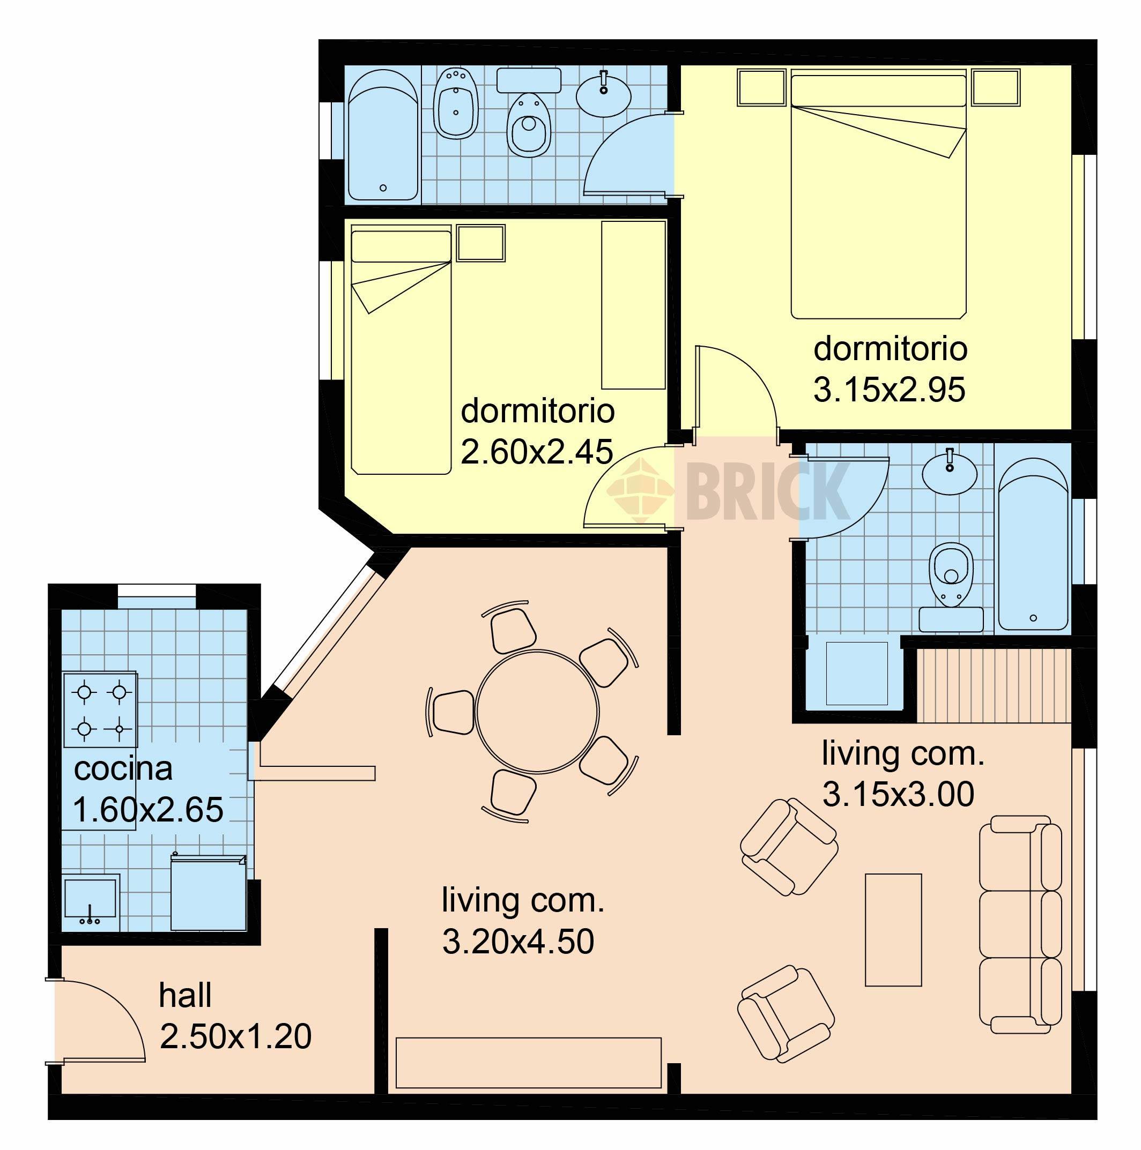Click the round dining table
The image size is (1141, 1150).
tap(537, 711)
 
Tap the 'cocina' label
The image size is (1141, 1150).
tap(123, 768)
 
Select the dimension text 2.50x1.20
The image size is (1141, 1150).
tap(236, 1037)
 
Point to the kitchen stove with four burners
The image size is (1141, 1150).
tap(101, 710)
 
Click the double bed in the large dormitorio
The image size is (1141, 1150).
tap(878, 194)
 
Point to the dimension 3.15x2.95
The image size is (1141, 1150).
tap(889, 391)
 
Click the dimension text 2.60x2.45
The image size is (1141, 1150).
tap(537, 452)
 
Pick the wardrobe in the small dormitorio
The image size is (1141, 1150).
tap(633, 305)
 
